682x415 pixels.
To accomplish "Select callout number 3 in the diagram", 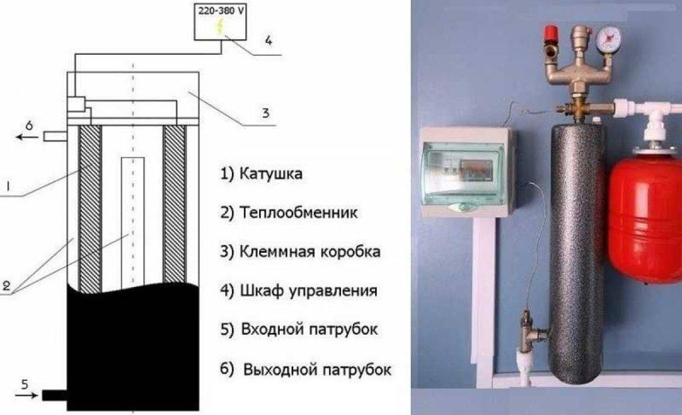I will tap(265, 113).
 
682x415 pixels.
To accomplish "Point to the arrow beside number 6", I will tap(27, 137).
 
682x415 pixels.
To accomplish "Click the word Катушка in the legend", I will tap(269, 175).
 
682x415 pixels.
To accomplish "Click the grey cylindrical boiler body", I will tap(577, 247).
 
